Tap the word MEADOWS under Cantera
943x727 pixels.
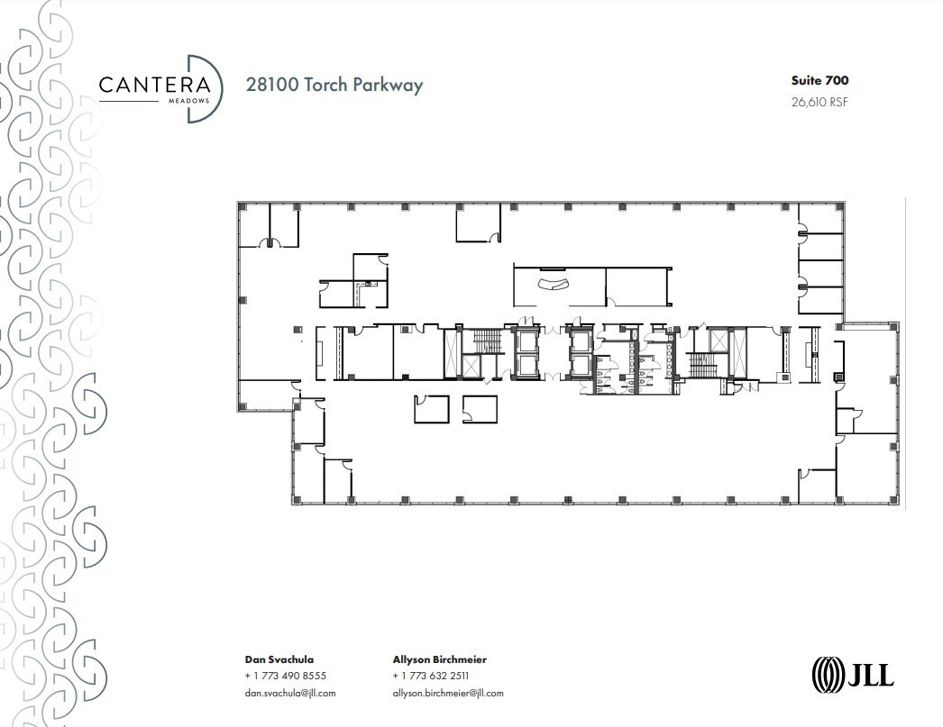(x=191, y=101)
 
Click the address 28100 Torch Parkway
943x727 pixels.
(x=334, y=86)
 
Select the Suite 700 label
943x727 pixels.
(x=819, y=81)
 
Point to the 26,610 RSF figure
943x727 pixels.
(x=819, y=102)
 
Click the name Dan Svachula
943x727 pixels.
(x=279, y=659)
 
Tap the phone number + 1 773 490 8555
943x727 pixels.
(x=285, y=676)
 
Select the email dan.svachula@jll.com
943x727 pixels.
(x=290, y=693)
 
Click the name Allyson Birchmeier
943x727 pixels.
(x=440, y=659)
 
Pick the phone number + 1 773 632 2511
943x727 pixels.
(x=431, y=676)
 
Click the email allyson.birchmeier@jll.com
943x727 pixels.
(x=448, y=693)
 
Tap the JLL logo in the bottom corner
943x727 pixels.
(x=853, y=674)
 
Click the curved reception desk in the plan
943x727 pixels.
(x=553, y=285)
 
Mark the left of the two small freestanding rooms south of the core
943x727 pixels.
(x=431, y=408)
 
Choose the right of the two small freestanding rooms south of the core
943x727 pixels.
(x=479, y=408)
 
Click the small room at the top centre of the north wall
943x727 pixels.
(x=477, y=223)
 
